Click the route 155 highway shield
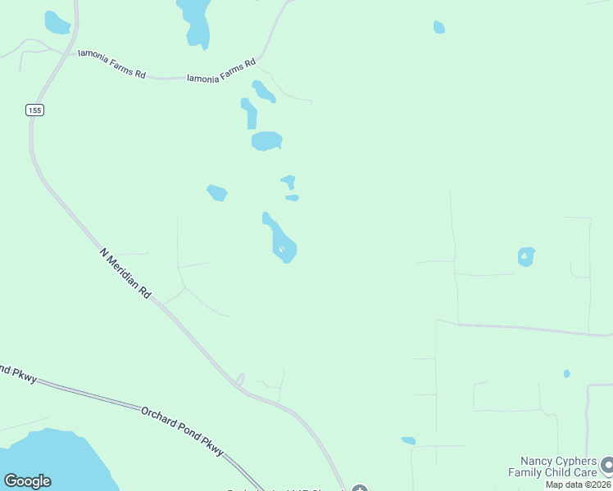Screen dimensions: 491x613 pyautogui.click(x=34, y=110)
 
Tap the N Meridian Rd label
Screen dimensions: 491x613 pyautogui.click(x=126, y=273)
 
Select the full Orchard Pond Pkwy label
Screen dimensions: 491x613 pyautogui.click(x=181, y=430)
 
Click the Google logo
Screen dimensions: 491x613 pyautogui.click(x=27, y=481)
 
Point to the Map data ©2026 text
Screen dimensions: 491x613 pyautogui.click(x=578, y=484)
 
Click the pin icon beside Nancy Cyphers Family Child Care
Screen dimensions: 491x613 pyautogui.click(x=606, y=466)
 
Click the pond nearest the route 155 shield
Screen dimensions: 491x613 pyautogui.click(x=57, y=23)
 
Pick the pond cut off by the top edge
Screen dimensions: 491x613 pyautogui.click(x=195, y=20)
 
